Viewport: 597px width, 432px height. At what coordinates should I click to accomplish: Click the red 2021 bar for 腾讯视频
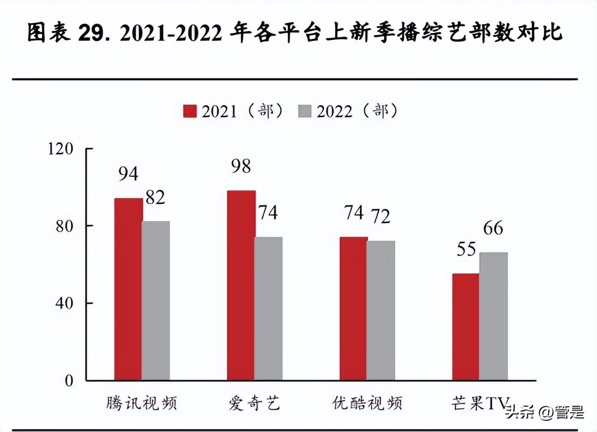(x=129, y=289)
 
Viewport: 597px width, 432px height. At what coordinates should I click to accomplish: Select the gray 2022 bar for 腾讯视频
(x=156, y=301)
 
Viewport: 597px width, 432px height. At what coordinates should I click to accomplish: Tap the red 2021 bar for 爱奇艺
(x=241, y=285)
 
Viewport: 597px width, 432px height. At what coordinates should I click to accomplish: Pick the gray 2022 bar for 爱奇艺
(x=268, y=308)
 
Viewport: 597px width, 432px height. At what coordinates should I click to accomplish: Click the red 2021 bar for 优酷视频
(x=354, y=308)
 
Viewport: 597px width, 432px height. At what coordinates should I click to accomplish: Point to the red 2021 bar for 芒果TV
(x=466, y=327)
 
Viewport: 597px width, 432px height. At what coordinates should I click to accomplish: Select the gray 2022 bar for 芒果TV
(x=493, y=316)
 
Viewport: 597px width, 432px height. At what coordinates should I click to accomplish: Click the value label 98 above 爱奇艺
(x=241, y=166)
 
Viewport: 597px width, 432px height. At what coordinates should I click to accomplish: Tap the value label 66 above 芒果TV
(x=493, y=228)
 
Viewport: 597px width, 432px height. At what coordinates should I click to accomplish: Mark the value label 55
(x=466, y=250)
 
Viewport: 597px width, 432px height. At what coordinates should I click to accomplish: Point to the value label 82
(x=155, y=198)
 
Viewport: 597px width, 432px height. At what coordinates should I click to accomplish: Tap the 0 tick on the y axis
(x=69, y=380)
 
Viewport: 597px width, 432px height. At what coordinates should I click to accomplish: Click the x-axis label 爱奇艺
(x=255, y=404)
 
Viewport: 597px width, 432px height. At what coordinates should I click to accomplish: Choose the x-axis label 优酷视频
(x=368, y=404)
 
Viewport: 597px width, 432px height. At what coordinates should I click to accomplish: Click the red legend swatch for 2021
(x=189, y=111)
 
